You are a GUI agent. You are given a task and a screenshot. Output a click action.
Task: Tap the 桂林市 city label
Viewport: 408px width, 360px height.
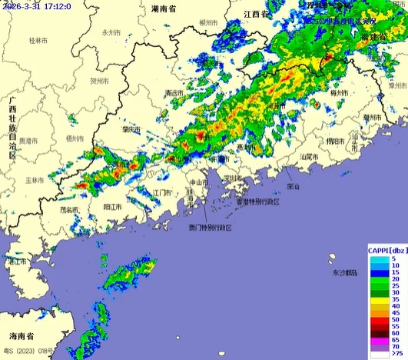(37, 39)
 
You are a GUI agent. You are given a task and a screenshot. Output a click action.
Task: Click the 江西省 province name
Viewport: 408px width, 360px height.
(255, 14)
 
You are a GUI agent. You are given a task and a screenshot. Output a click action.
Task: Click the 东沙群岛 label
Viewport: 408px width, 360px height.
(346, 273)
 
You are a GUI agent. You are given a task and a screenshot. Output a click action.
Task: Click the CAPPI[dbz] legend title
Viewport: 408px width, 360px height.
(386, 251)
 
